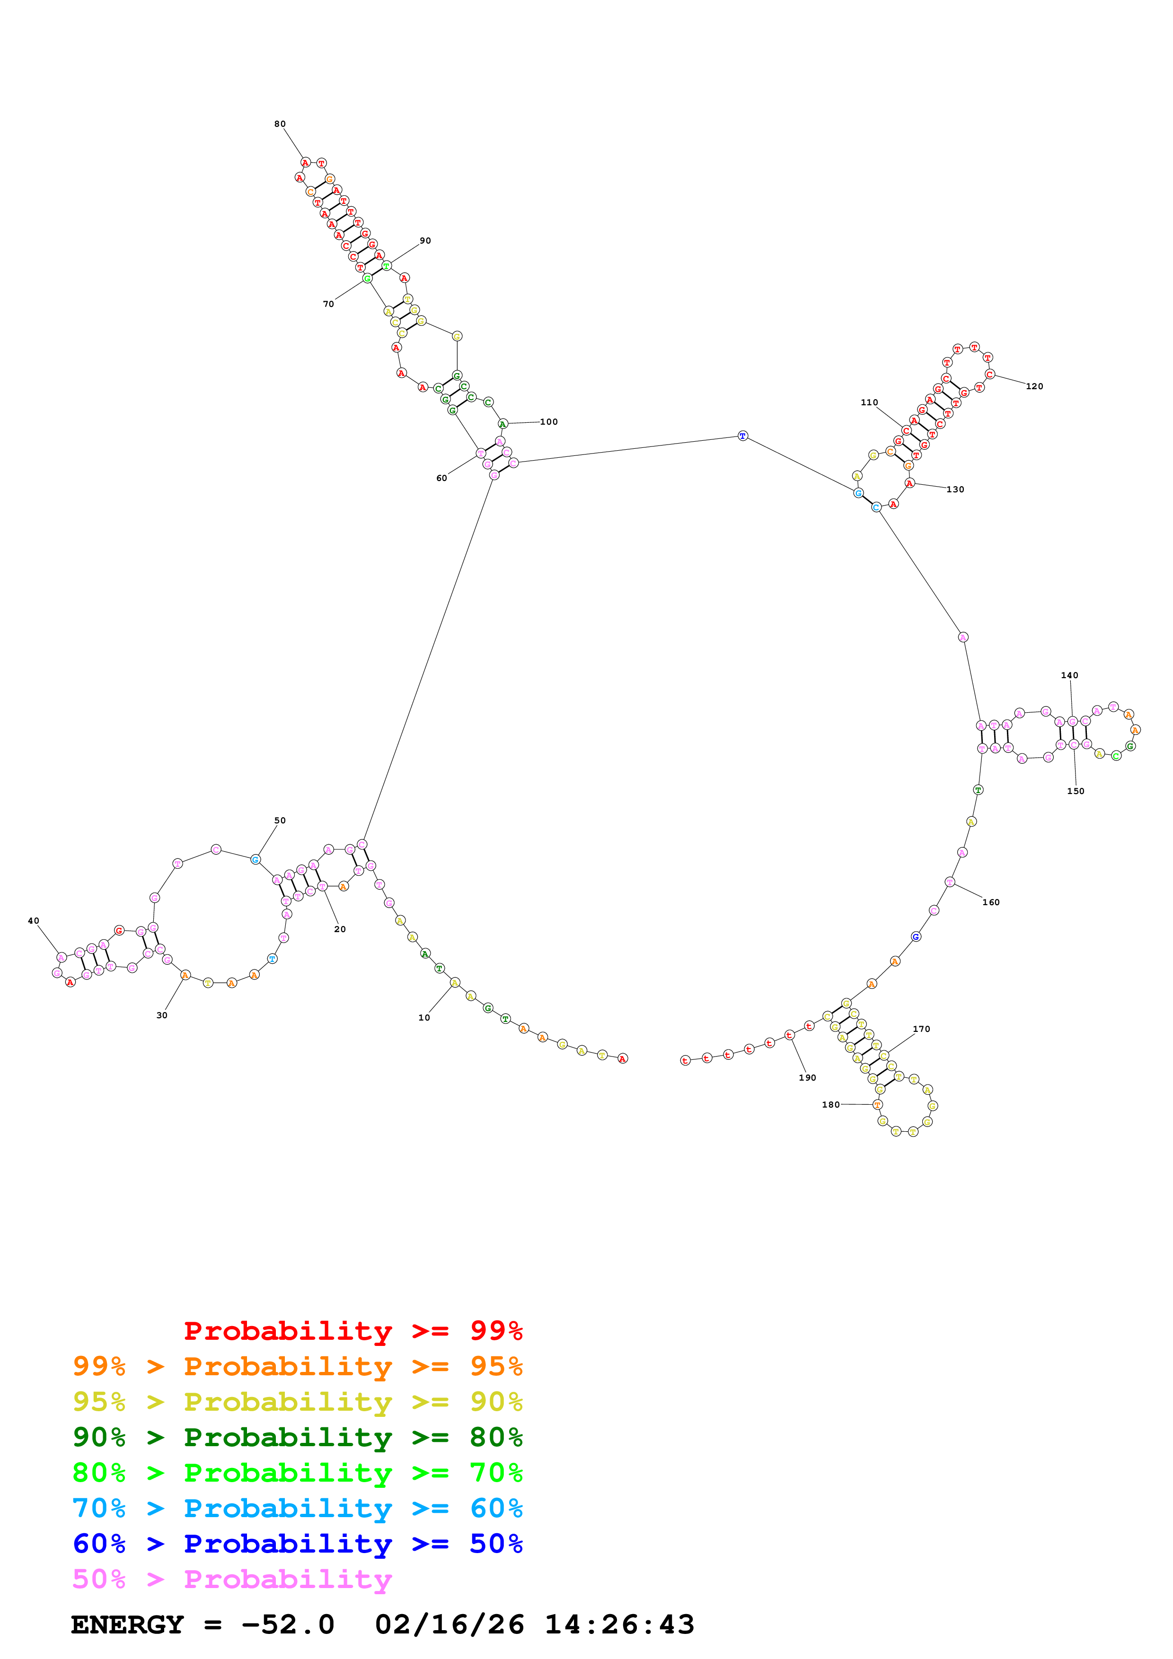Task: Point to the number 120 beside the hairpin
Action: (1034, 386)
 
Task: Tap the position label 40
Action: (33, 921)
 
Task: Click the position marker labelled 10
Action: (424, 1017)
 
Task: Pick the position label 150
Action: (1076, 791)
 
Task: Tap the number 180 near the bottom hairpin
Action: (831, 1104)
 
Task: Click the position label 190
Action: (807, 1077)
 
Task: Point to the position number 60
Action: (441, 478)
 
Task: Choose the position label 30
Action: (162, 1015)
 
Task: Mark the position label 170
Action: (921, 1029)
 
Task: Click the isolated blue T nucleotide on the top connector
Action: (742, 436)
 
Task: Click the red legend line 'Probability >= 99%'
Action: (353, 1331)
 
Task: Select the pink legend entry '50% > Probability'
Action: (231, 1580)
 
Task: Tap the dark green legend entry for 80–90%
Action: (297, 1437)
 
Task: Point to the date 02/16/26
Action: (449, 1625)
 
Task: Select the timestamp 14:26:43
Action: (619, 1625)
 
